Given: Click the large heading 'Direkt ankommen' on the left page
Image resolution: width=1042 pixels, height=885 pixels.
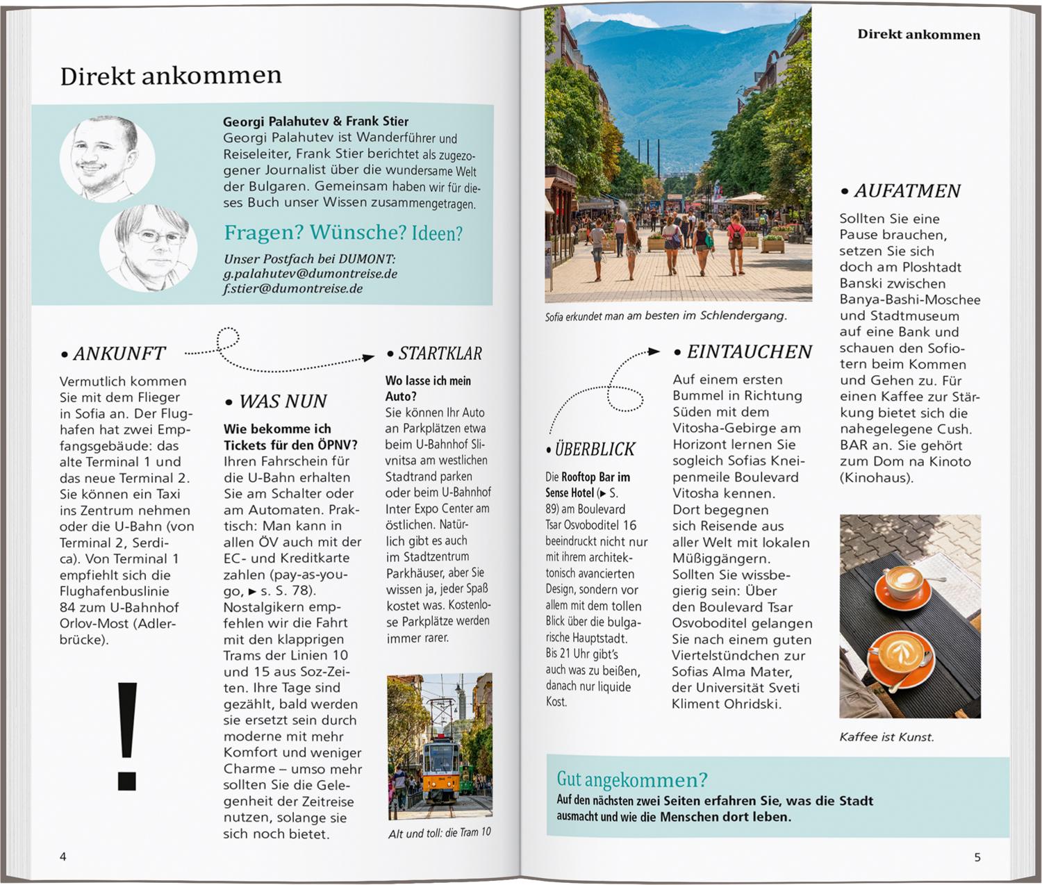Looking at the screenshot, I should pos(171,76).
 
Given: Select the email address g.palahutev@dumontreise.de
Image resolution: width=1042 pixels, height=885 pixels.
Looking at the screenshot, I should pos(310,274).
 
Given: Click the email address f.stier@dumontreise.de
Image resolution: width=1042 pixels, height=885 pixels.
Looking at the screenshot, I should pos(292,289).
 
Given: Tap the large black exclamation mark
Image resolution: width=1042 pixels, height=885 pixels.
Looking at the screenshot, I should pos(127,736).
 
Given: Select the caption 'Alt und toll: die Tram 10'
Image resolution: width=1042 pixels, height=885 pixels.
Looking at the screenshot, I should pos(439,832).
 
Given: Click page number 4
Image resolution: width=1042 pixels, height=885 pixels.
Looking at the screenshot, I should pos(63,857).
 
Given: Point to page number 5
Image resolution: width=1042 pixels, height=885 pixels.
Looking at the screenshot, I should pos(977,857).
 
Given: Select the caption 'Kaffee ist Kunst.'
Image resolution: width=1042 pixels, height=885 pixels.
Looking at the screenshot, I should pos(886,737).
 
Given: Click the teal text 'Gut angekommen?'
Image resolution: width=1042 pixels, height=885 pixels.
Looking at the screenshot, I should pos(631,779).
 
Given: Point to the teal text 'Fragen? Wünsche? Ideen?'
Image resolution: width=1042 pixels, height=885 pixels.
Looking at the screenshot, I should pos(342,233).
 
